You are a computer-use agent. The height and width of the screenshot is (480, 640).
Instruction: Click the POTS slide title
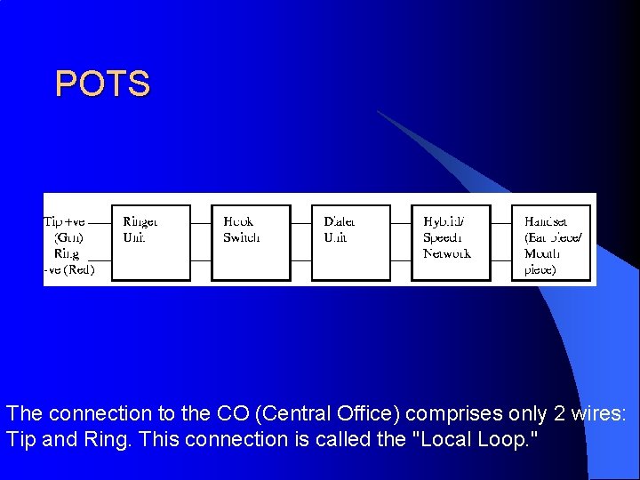pos(102,84)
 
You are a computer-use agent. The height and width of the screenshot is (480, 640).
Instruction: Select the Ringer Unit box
pos(151,243)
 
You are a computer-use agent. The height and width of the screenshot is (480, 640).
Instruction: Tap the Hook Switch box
pos(252,243)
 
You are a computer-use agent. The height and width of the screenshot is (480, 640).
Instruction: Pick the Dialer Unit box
pos(351,243)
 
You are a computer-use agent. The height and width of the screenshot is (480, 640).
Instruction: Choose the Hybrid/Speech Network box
pos(452,243)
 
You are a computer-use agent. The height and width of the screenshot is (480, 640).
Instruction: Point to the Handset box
pos(551,243)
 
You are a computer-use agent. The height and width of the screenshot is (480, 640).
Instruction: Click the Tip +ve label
pos(65,221)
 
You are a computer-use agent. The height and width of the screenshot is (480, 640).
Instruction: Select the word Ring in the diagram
pos(67,253)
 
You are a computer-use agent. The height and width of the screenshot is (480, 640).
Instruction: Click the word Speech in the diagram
pos(443,237)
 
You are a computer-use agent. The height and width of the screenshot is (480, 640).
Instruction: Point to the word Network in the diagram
pos(447,253)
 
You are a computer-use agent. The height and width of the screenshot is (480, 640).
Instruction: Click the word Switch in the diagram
pos(242,237)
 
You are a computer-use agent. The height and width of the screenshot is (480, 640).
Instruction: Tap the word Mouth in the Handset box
pos(542,253)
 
